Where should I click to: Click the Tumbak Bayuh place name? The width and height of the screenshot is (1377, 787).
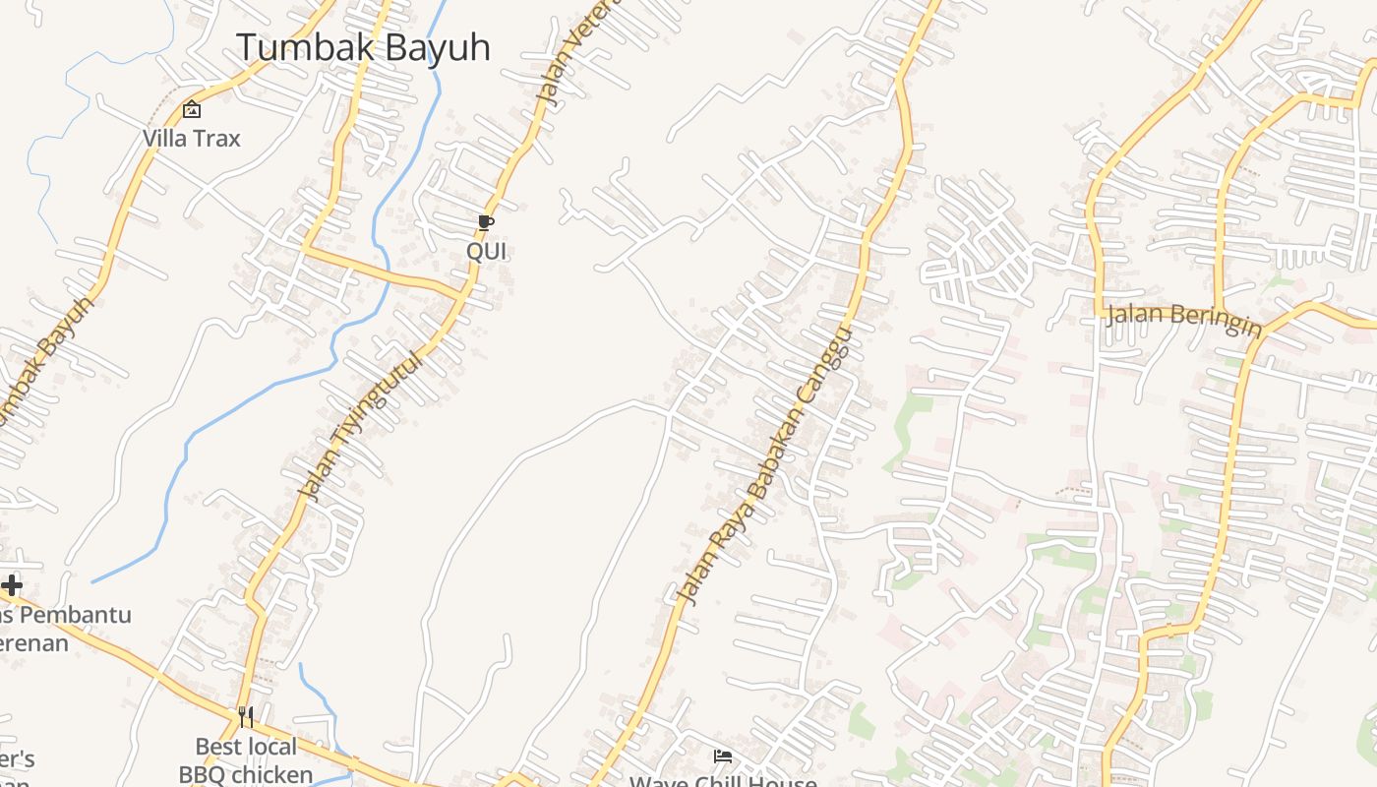point(363,47)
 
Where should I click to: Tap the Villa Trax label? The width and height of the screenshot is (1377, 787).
point(192,139)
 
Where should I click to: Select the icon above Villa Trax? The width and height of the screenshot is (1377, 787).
point(192,109)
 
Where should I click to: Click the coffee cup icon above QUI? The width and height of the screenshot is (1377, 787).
point(486,222)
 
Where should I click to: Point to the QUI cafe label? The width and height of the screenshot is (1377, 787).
point(486,251)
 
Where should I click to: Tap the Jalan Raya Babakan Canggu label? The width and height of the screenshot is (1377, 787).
point(764,465)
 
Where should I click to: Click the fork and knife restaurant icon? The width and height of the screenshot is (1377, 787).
point(246,716)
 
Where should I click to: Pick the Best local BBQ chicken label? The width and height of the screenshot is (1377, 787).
point(246,760)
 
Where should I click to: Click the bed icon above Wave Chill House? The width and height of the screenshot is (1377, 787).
point(723,757)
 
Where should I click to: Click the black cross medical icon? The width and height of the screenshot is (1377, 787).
point(12,586)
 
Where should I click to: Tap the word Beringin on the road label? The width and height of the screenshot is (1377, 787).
point(1215,322)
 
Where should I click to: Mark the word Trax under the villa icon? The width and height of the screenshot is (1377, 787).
point(216,139)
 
